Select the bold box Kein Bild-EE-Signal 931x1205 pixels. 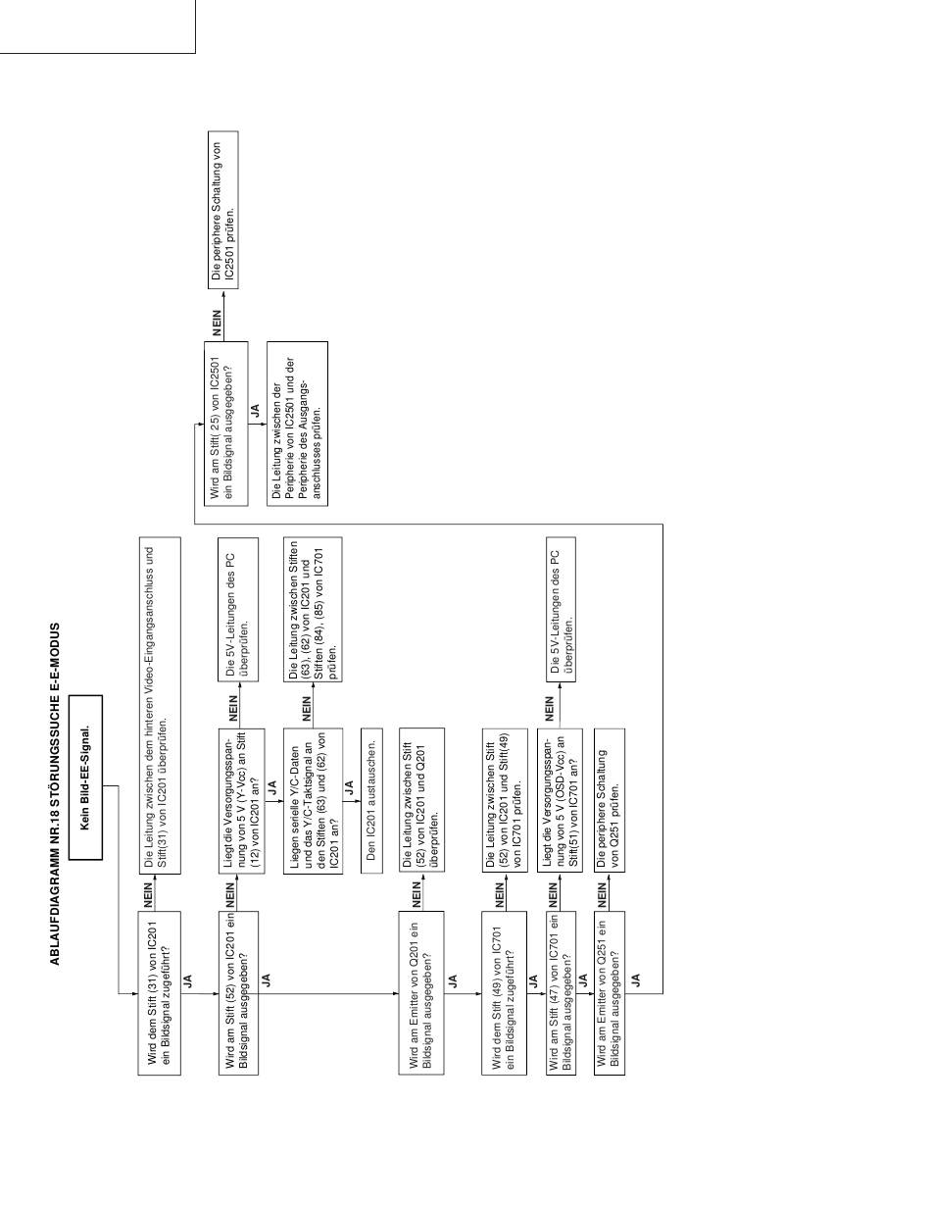(85, 778)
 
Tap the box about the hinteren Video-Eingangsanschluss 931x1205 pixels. (159, 705)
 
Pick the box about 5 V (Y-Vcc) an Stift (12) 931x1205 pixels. (241, 801)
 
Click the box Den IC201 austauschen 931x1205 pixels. (371, 801)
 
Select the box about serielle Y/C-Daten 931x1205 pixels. (313, 801)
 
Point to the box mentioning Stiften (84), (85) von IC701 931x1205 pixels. (313, 609)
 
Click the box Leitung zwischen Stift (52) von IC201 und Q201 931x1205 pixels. (421, 800)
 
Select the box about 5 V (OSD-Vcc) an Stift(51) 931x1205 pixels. (560, 800)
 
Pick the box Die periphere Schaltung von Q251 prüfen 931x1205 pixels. (609, 800)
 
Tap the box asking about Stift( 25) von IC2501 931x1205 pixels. (226, 424)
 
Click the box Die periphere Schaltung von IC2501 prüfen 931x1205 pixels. (223, 210)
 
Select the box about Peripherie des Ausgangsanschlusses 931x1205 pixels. (297, 424)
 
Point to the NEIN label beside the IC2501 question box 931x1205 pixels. (217, 323)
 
